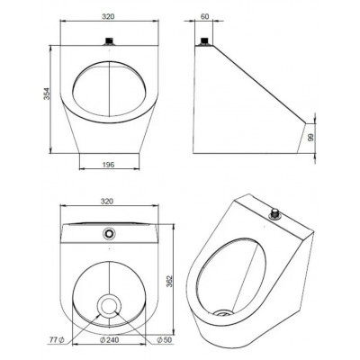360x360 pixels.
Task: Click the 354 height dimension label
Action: [x=47, y=94]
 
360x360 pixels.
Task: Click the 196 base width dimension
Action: [x=108, y=165]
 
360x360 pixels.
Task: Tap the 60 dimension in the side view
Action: [x=204, y=16]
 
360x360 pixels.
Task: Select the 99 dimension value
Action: [x=310, y=138]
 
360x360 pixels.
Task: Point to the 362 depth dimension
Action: [x=169, y=281]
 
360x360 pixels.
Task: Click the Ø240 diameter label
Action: [x=109, y=340]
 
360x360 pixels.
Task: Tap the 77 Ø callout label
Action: [x=57, y=340]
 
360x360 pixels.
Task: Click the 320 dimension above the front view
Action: [x=108, y=16]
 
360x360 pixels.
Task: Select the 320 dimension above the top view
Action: [x=108, y=202]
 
